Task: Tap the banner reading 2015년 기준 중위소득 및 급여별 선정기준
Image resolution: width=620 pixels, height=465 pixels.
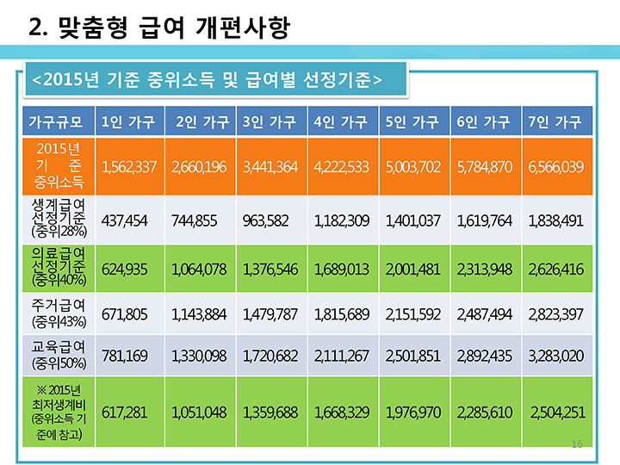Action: click(x=207, y=80)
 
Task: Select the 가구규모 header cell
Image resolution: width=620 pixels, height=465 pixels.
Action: click(x=56, y=121)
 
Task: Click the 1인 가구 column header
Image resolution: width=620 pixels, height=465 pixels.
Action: click(x=128, y=121)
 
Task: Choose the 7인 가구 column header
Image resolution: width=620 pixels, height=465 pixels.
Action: click(x=555, y=121)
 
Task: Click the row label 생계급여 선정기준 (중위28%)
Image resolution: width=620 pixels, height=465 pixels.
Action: click(x=56, y=220)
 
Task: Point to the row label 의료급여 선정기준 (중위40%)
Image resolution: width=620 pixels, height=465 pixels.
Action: click(x=56, y=269)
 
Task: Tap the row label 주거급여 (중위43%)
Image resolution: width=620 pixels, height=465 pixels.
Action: click(x=56, y=312)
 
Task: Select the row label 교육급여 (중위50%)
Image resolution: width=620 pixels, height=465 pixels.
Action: click(x=56, y=354)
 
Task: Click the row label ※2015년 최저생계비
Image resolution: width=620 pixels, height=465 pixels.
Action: click(x=56, y=412)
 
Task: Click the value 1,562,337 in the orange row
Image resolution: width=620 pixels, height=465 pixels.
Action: click(x=128, y=165)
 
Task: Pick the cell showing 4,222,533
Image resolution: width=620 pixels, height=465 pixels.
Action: click(x=342, y=165)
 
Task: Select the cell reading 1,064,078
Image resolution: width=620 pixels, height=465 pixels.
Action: click(x=199, y=270)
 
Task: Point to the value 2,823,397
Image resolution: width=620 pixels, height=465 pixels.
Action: click(x=555, y=312)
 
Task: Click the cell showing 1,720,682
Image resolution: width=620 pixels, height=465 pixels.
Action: click(x=270, y=354)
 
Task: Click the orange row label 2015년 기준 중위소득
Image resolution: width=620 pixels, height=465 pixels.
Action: click(x=56, y=165)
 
